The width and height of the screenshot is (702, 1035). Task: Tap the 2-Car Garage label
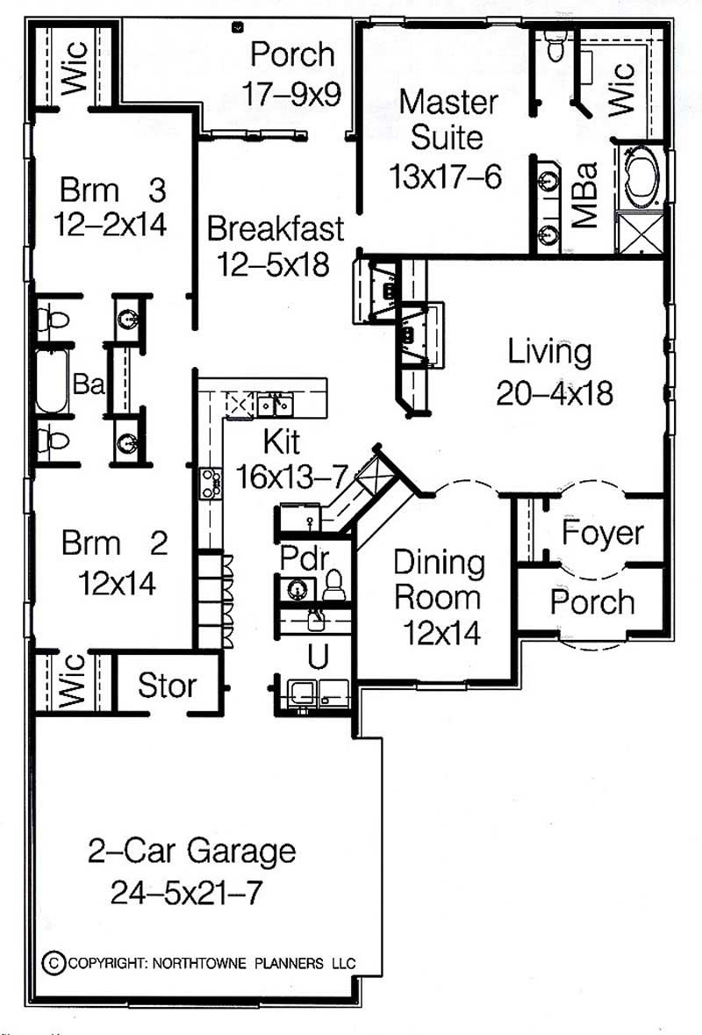[x=191, y=851]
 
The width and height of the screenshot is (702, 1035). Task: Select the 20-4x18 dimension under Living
[x=554, y=394]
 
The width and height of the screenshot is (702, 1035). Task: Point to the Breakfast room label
[x=276, y=229]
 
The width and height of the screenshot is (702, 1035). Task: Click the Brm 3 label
[x=113, y=190]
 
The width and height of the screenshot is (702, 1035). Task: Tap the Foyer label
[x=602, y=533]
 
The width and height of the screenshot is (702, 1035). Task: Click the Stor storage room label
[x=167, y=685]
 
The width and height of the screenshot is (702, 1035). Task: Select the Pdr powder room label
[x=304, y=557]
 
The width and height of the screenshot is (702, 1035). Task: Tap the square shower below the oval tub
[x=640, y=232]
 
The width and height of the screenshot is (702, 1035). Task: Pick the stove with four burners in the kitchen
[x=211, y=483]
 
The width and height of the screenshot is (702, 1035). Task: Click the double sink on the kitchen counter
[x=275, y=405]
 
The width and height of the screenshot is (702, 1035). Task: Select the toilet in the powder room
[x=333, y=585]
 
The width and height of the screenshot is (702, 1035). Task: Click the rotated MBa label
[x=584, y=195]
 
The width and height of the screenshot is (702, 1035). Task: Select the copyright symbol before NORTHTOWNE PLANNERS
[x=53, y=962]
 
